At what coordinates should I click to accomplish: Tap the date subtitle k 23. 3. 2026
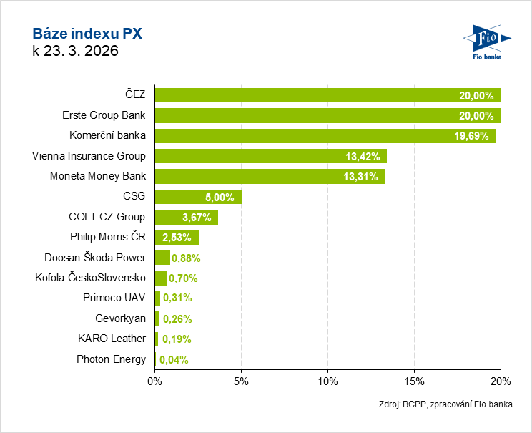[x=75, y=51]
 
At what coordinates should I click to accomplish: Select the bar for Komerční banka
[x=325, y=136]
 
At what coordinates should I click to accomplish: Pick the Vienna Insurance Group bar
[x=270, y=156]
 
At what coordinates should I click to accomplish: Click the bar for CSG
[x=198, y=197]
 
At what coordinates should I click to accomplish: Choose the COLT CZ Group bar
[x=186, y=217]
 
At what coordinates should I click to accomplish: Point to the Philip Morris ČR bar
[x=177, y=238]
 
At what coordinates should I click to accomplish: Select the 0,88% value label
[x=185, y=258]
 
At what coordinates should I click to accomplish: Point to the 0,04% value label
[x=174, y=360]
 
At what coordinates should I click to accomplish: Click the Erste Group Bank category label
[x=104, y=115]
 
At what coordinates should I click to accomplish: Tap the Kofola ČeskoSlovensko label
[x=90, y=278]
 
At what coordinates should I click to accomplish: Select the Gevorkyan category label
[x=120, y=318]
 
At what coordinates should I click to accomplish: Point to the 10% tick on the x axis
[x=327, y=381]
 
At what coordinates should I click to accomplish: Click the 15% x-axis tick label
[x=414, y=381]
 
